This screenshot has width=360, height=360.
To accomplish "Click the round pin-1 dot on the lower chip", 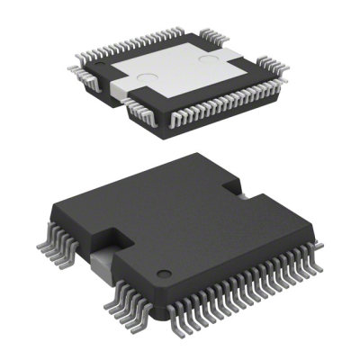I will pyautogui.click(x=163, y=273).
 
